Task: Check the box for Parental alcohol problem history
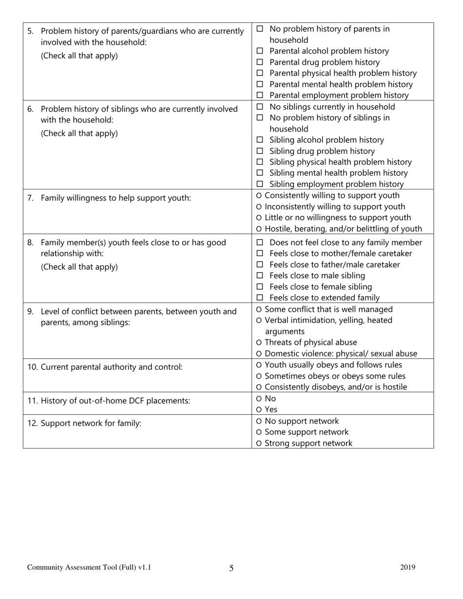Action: tap(260, 51)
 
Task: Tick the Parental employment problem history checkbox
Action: tap(260, 95)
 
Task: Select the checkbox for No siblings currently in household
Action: tap(260, 107)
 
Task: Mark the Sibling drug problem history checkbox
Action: tap(260, 151)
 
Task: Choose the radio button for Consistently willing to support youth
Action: tap(258, 196)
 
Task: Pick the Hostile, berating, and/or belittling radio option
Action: tap(258, 229)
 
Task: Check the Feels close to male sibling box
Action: tap(260, 276)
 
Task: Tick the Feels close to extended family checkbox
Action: tap(260, 298)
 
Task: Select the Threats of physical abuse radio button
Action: tap(258, 343)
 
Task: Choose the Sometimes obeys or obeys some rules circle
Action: tap(258, 376)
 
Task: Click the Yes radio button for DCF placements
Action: tap(258, 410)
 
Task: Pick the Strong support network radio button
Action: tap(258, 444)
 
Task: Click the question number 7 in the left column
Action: tap(30, 198)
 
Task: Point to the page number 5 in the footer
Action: tap(231, 568)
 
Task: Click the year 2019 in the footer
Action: tap(408, 567)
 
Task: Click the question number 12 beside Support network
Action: tap(32, 424)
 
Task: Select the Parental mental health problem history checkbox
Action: tap(260, 85)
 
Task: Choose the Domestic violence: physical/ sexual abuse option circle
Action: tap(258, 354)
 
